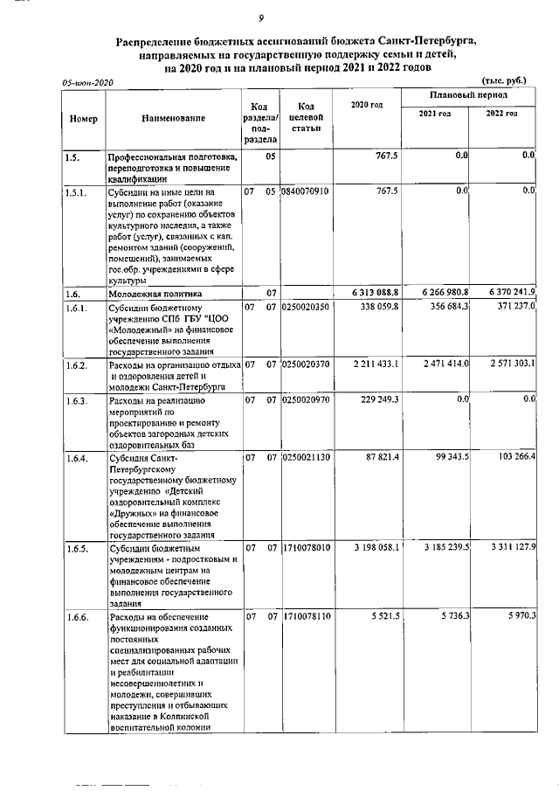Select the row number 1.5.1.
tap(77, 191)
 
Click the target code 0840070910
tap(306, 191)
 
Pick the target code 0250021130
tap(306, 457)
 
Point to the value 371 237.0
tap(513, 307)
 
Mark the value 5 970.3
tap(519, 616)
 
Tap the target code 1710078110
tap(306, 616)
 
